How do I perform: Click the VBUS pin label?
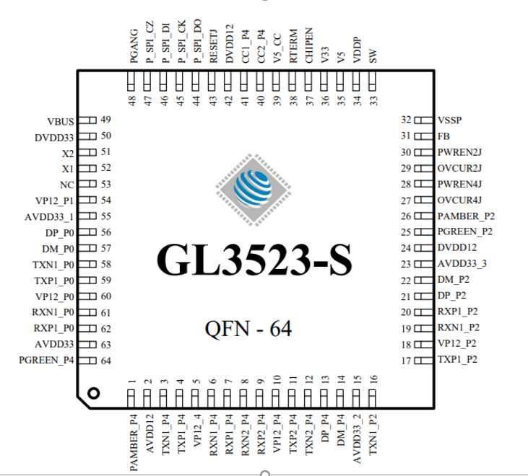61,120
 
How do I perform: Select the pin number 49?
105,120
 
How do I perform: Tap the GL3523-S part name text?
254,261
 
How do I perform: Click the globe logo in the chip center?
254,185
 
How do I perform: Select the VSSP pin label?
451,120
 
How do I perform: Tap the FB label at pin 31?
444,136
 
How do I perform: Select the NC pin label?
67,184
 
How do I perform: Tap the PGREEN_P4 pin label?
48,360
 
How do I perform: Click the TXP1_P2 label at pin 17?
457,360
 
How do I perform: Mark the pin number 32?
406,120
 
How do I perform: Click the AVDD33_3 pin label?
462,264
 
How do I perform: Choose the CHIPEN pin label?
309,48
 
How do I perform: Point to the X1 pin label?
68,168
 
